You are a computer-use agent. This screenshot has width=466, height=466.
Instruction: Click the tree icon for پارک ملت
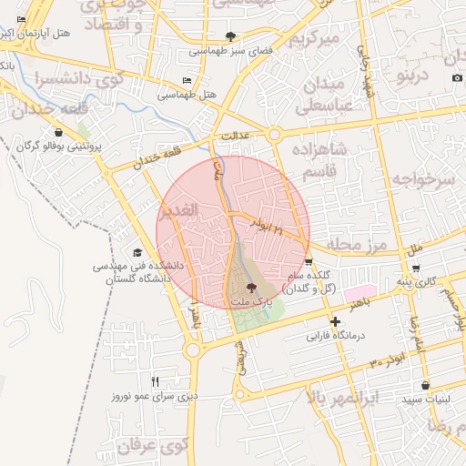point(251,288)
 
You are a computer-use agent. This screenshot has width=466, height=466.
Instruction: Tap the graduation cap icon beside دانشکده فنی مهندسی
point(137,252)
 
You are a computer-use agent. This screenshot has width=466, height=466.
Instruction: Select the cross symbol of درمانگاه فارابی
point(335,321)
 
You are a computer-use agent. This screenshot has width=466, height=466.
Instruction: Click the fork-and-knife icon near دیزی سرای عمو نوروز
point(155,381)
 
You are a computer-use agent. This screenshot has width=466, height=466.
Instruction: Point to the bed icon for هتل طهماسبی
point(187,80)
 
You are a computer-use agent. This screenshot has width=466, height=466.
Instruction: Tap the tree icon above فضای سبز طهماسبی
point(231,37)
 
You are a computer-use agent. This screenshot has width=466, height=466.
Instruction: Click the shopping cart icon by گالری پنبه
point(415,268)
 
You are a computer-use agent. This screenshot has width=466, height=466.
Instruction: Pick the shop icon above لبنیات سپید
point(424,385)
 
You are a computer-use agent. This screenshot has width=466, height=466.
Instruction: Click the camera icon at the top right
point(456,78)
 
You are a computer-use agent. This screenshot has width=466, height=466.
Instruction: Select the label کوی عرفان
point(152,446)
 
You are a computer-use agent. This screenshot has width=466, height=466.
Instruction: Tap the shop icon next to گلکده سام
point(309,261)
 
